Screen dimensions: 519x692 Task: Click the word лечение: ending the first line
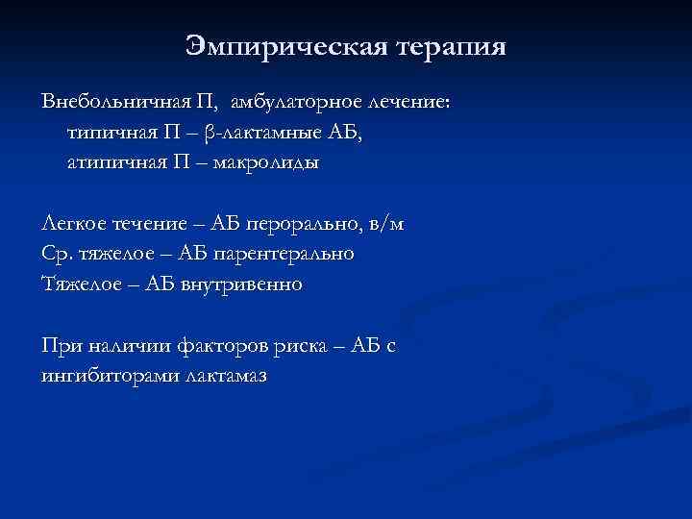coord(394,102)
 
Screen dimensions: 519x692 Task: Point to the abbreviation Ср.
coord(55,255)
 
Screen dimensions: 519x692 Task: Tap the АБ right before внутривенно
coord(161,284)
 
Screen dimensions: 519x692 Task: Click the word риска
coord(287,345)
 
